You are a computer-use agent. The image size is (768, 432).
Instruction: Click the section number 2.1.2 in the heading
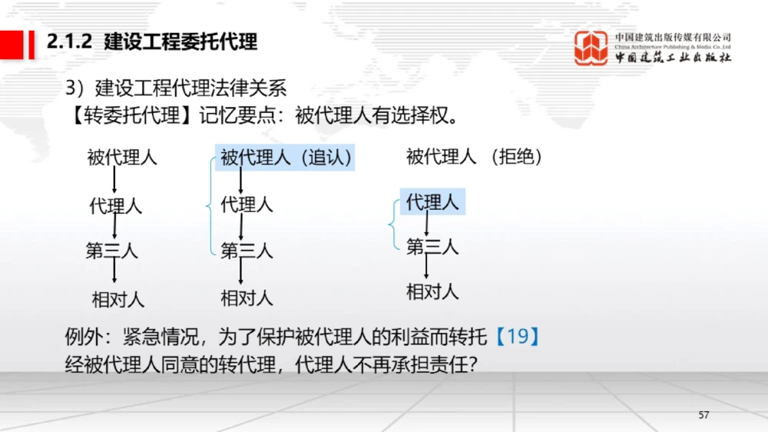(x=70, y=42)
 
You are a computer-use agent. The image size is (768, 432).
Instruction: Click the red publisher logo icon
(x=591, y=48)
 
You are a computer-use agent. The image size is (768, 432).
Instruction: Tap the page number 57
(x=703, y=415)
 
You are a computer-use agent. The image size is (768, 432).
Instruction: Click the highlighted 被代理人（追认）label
(x=286, y=158)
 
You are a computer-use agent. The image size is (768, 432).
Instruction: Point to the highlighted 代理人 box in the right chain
(x=432, y=203)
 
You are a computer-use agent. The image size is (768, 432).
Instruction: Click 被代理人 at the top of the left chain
(x=122, y=158)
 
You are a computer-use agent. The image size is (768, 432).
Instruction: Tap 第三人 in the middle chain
(x=247, y=251)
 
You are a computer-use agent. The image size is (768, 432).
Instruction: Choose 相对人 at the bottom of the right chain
(x=432, y=292)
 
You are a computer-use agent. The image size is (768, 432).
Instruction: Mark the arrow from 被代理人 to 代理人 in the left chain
(x=114, y=181)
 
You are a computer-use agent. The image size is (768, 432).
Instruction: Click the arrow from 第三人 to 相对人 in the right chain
(x=427, y=268)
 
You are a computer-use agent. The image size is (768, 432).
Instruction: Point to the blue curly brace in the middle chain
(x=210, y=204)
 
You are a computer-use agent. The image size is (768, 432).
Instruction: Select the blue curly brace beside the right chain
(x=393, y=224)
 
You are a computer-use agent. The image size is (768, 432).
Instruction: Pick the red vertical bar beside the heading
(x=31, y=42)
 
